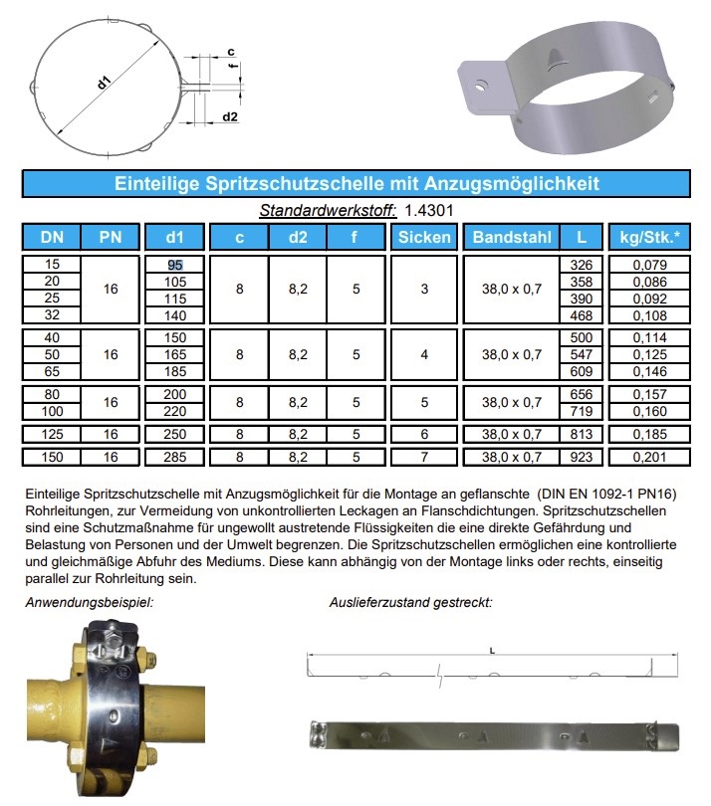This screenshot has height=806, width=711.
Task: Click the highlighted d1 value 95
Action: pos(175,265)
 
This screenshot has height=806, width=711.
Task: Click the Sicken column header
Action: pos(424,237)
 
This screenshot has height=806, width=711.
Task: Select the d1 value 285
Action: pos(175,458)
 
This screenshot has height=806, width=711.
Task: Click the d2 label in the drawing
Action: pos(229,117)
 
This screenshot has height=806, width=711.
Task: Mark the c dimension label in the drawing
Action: pos(230,51)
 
